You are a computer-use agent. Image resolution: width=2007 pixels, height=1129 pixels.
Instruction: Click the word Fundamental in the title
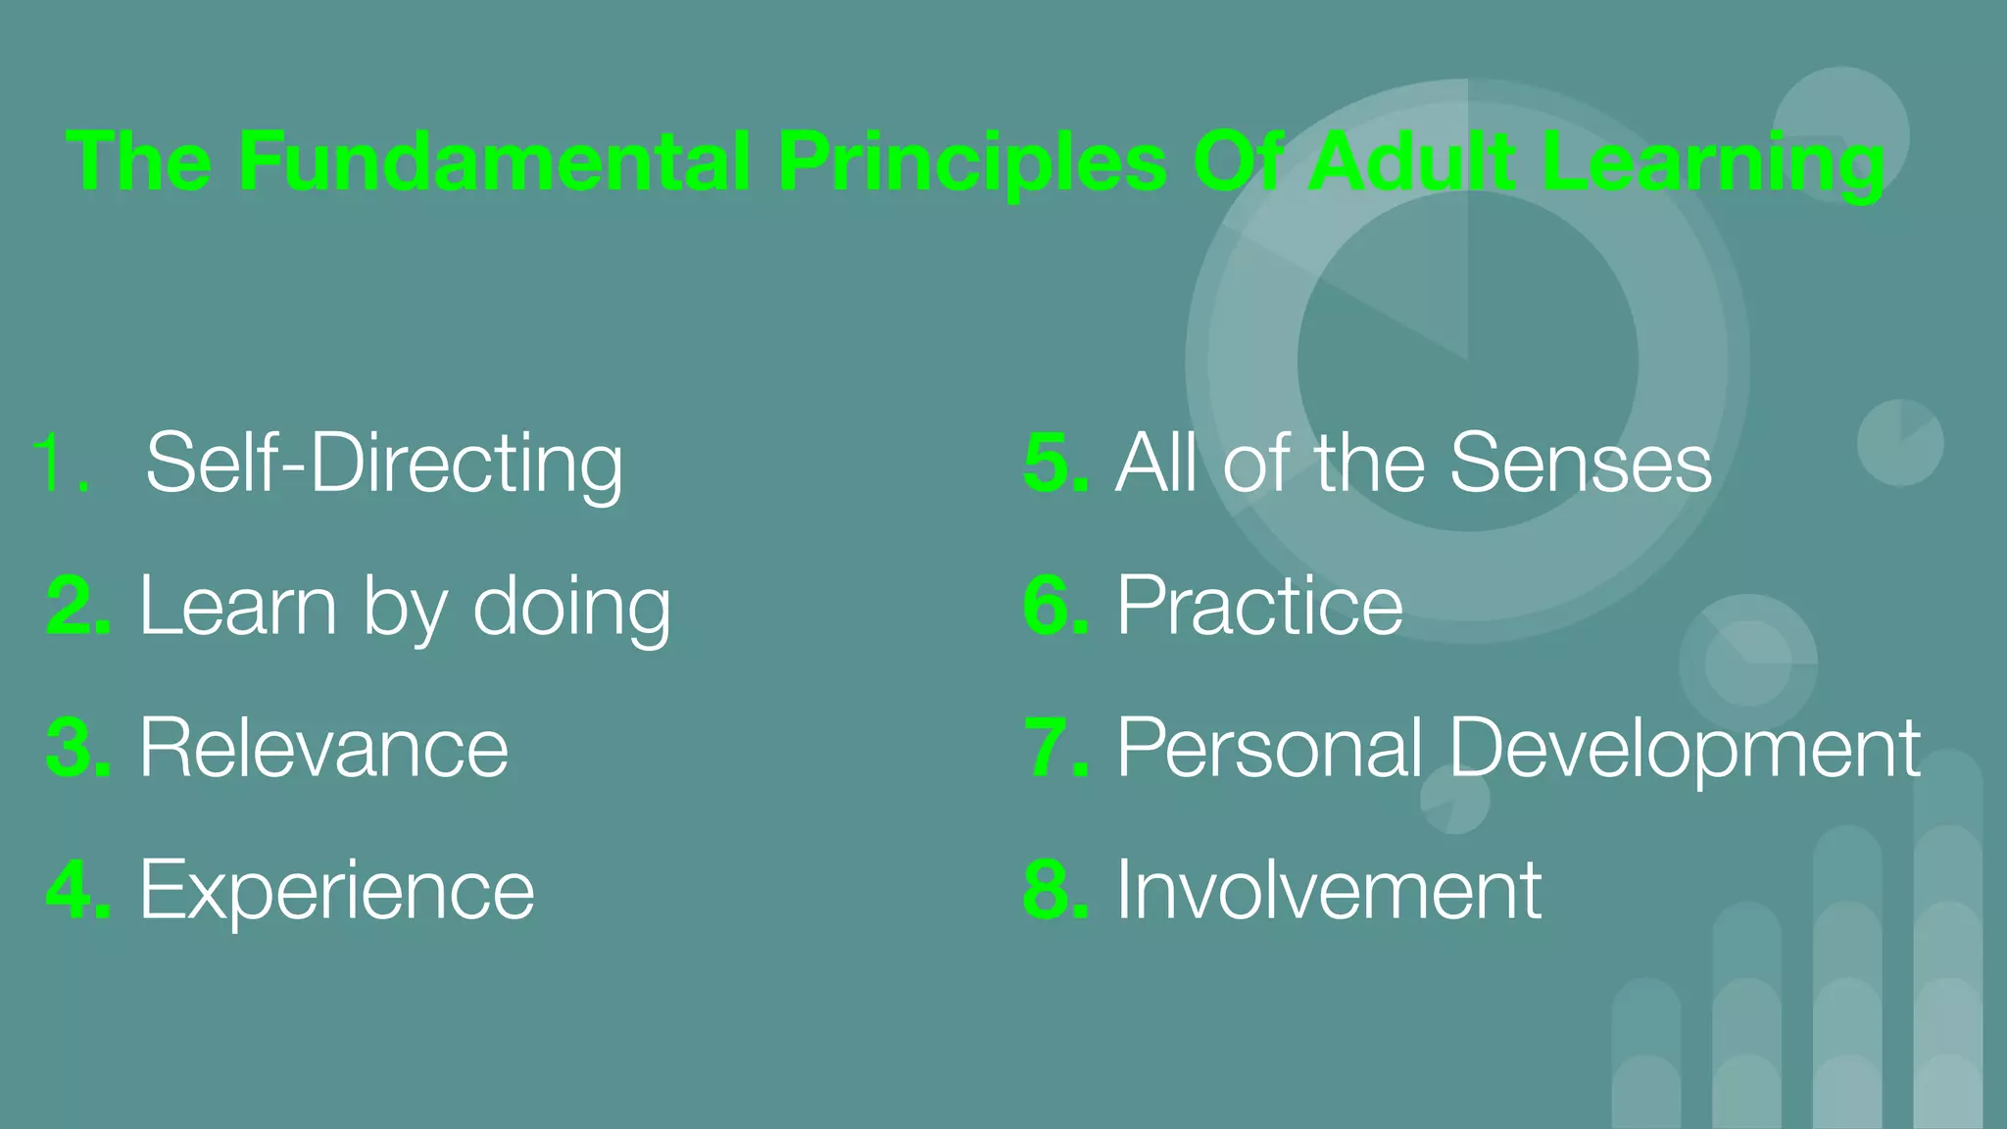494,162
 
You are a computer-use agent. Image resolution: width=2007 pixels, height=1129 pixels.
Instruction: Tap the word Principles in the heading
972,164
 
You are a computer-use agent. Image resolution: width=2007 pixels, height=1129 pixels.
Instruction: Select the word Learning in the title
1712,164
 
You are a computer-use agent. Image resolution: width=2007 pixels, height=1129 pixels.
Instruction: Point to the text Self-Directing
384,464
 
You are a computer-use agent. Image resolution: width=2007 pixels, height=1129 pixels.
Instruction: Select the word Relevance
324,749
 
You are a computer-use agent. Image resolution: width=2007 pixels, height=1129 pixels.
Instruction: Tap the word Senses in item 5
1580,463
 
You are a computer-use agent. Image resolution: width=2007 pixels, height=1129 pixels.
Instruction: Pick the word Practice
1260,607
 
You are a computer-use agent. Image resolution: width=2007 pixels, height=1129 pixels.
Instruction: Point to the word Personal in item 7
1269,749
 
